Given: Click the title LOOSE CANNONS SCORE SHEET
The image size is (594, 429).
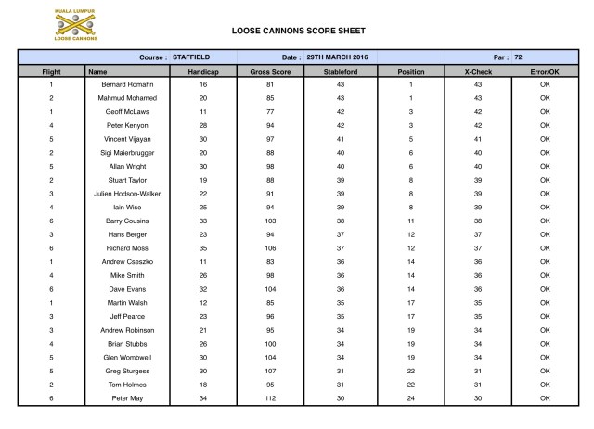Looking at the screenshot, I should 297,29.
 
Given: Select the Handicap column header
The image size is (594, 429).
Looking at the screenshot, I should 202,70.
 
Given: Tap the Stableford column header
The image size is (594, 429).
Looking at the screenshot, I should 341,70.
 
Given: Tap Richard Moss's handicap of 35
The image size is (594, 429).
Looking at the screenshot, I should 202,248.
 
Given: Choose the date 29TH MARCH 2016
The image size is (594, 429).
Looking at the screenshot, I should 333,57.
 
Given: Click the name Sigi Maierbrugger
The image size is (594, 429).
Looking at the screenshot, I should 127,152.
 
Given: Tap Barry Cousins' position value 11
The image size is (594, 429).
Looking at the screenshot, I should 410,221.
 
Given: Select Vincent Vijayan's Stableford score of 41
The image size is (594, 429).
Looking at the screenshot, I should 341,139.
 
